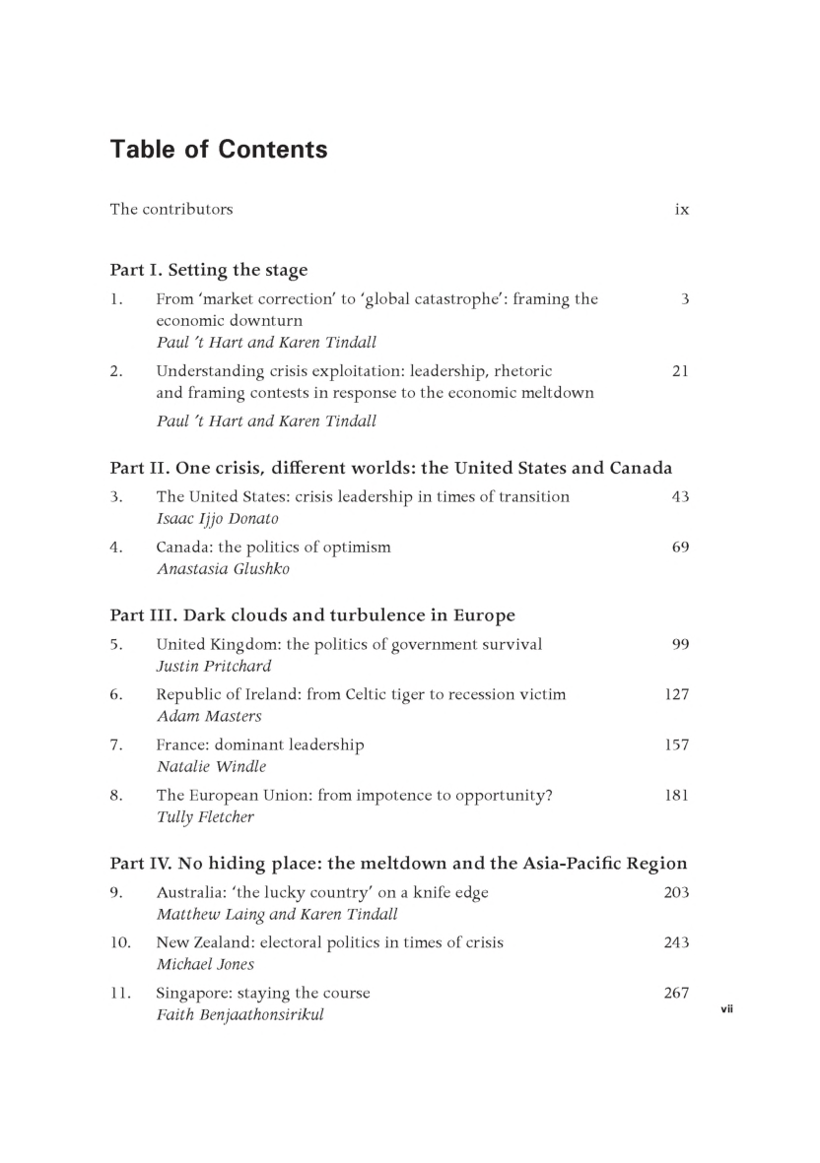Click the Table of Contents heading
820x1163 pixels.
(219, 150)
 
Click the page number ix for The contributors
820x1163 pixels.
(681, 210)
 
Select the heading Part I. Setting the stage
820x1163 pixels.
(209, 270)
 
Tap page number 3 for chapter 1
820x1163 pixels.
(684, 299)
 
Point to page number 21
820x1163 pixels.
(680, 371)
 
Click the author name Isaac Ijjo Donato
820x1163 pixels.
(212, 518)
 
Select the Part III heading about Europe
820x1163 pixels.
(312, 616)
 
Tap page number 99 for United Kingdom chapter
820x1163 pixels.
(680, 645)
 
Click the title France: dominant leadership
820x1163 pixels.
(260, 745)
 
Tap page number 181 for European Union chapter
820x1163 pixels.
(676, 795)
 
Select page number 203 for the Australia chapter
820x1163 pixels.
(676, 893)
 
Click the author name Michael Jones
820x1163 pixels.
(205, 964)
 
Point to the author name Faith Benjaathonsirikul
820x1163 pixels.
(240, 1014)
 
